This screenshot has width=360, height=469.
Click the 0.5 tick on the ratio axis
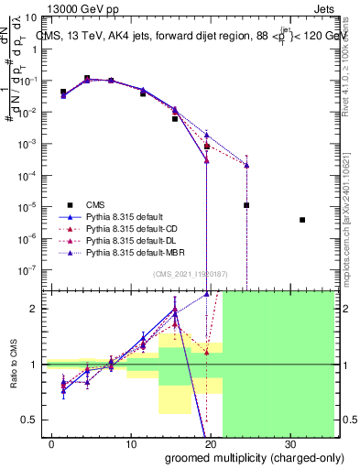[x=31, y=420]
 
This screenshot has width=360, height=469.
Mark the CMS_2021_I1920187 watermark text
[x=183, y=274]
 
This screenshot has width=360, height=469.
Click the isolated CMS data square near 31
[x=302, y=220]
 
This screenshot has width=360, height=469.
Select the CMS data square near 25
[x=246, y=205]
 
